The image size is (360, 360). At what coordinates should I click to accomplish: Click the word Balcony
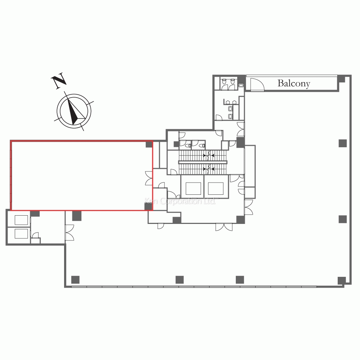(x=294, y=84)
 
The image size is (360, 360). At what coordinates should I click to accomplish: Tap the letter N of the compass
(x=59, y=81)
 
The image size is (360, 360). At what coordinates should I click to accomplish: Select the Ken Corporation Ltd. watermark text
(x=180, y=201)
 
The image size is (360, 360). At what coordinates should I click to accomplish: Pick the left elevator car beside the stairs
(x=193, y=189)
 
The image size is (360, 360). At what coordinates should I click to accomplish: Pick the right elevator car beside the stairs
(x=216, y=189)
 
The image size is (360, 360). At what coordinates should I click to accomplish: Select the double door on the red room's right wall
(x=149, y=178)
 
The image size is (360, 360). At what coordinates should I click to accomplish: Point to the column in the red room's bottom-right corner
(x=149, y=206)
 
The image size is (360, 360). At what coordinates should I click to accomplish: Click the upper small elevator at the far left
(x=21, y=220)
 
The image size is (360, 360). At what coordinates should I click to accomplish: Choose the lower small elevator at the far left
(x=21, y=234)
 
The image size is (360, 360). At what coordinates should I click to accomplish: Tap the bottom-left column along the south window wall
(x=75, y=280)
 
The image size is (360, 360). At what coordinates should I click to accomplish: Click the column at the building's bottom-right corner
(x=342, y=280)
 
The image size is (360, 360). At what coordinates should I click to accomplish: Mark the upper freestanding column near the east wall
(x=343, y=143)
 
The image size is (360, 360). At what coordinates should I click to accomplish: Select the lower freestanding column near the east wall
(x=343, y=219)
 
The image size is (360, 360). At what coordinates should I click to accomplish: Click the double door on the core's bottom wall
(x=224, y=227)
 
